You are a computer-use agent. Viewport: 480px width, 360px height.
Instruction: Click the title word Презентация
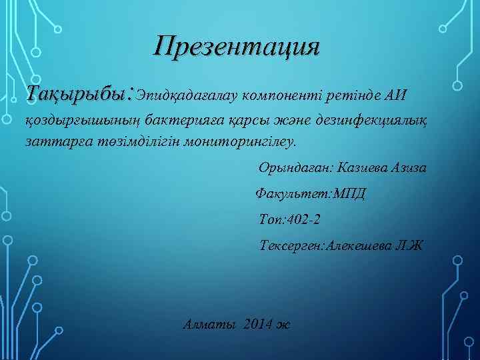tap(237, 48)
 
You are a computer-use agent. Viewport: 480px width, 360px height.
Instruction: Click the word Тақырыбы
tap(78, 93)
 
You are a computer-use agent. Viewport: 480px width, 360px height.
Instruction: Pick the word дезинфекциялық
tap(380, 120)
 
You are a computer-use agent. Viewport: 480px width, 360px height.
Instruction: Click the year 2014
tap(259, 325)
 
